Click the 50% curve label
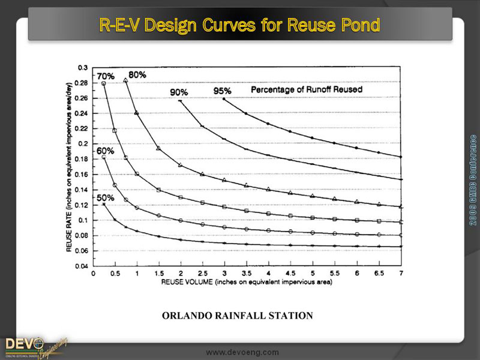tap(106, 197)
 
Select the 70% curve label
tap(106, 76)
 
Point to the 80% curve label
tap(137, 74)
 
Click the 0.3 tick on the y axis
tap(83, 67)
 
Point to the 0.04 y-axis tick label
tap(81, 266)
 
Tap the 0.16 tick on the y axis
tap(81, 174)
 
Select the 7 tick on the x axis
tap(400, 273)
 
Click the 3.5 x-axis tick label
tap(247, 273)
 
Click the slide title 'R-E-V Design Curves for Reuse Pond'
tap(239, 26)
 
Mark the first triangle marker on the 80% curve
tap(125, 80)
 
